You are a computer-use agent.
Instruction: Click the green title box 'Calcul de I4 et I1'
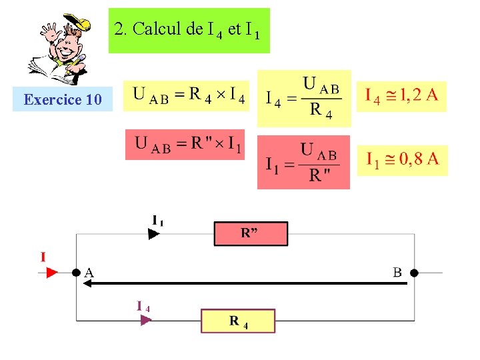189,31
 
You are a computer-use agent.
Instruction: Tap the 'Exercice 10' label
63,100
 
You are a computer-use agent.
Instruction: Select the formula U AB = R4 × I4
189,97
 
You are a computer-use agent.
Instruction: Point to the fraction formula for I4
303,99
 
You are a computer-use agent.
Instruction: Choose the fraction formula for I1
303,162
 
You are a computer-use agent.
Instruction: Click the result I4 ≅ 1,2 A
401,95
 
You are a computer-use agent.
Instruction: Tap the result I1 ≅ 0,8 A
403,160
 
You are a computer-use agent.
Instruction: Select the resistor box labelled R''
250,234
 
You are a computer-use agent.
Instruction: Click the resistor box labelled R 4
238,321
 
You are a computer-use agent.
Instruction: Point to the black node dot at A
77,273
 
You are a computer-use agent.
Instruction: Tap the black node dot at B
413,273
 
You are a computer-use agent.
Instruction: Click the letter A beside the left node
89,272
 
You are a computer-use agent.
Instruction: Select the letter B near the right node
397,272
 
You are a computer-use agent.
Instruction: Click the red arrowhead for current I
53,272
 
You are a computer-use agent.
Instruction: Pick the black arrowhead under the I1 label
154,234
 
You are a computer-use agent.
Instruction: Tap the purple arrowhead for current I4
146,320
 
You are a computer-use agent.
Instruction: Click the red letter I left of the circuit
43,257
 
